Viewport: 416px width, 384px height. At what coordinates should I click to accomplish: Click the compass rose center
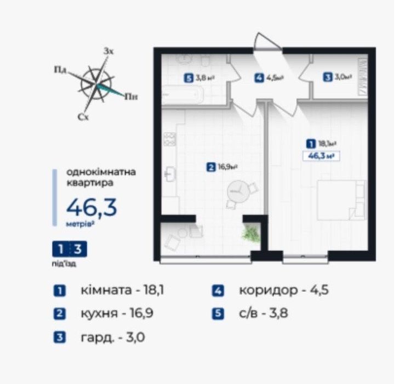point(96,84)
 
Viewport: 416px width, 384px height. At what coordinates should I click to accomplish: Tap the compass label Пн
point(130,97)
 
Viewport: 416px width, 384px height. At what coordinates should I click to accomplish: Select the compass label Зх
point(109,51)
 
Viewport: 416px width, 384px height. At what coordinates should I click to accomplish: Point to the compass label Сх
point(83,117)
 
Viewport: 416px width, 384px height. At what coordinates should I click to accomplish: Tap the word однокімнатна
point(101,172)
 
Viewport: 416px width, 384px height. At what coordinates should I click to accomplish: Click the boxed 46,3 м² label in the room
point(319,155)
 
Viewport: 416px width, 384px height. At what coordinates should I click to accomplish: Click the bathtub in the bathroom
point(184,97)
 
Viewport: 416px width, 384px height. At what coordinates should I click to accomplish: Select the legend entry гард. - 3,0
point(106,337)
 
